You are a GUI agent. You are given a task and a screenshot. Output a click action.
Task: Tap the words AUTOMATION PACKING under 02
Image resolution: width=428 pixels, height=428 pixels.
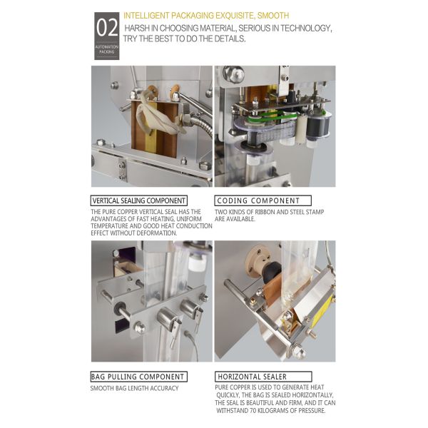tap(107, 49)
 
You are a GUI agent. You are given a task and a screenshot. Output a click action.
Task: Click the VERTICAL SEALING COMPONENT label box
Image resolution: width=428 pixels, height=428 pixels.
tap(139, 200)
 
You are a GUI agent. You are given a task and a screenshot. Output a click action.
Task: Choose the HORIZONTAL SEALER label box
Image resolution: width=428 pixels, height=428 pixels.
tap(263, 376)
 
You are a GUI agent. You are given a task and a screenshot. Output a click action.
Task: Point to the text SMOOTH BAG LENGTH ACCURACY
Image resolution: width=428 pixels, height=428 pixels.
tap(134, 388)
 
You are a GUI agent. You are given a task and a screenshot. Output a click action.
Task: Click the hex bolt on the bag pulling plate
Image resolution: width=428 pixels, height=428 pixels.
tap(140, 327)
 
